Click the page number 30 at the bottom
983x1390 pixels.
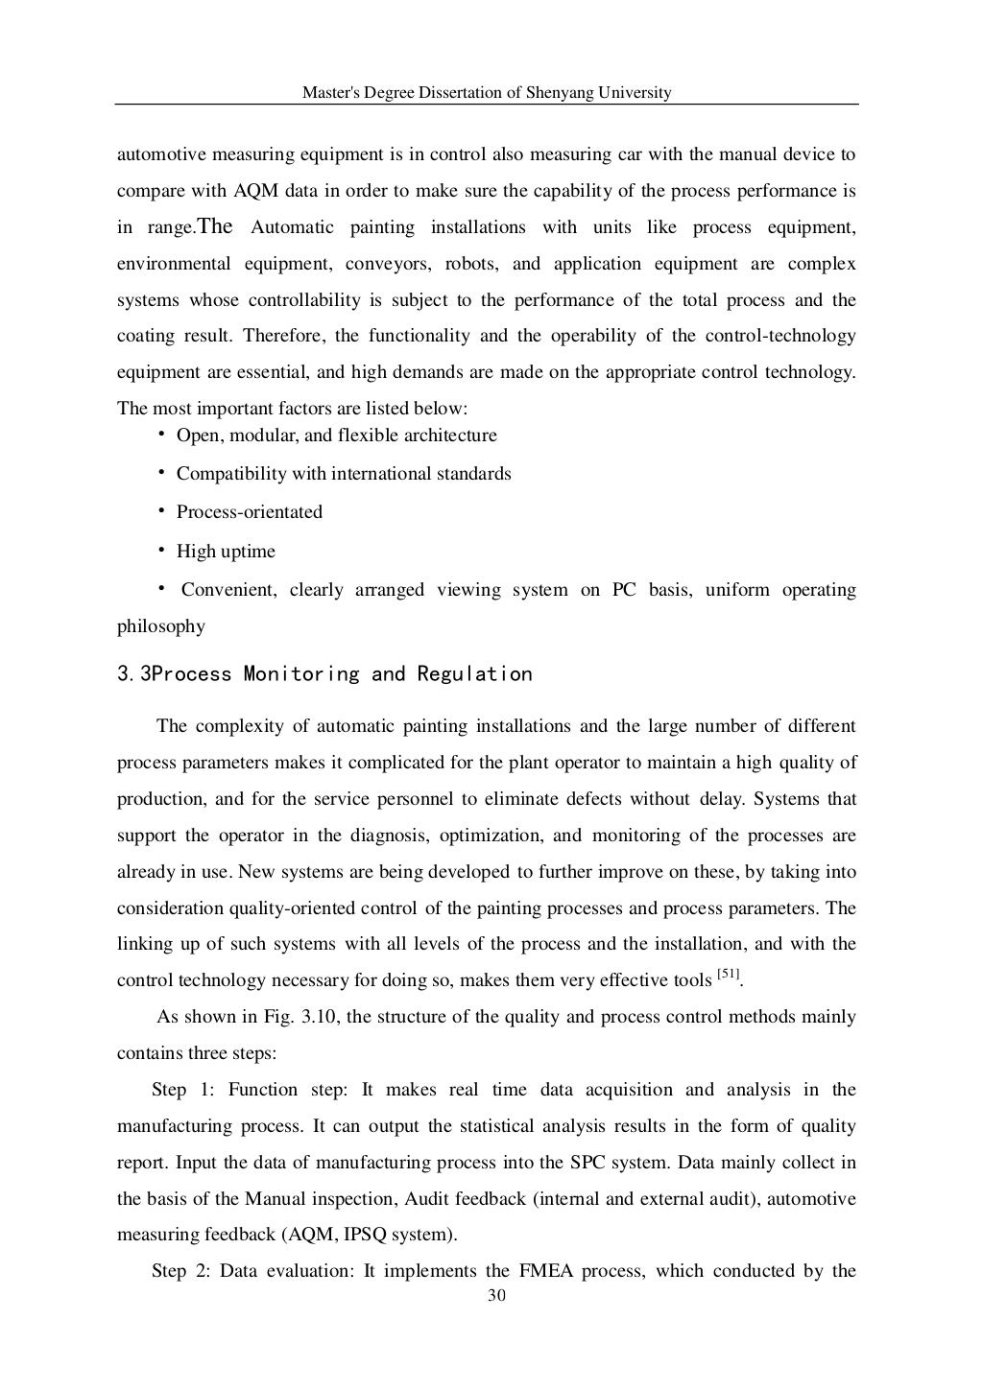pyautogui.click(x=496, y=1297)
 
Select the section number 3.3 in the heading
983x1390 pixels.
pyautogui.click(x=133, y=674)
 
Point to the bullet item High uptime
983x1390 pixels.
pyautogui.click(x=226, y=552)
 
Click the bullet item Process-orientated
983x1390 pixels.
pyautogui.click(x=250, y=512)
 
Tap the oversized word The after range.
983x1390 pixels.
pyautogui.click(x=215, y=227)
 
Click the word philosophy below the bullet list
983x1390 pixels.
pyautogui.click(x=160, y=626)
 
